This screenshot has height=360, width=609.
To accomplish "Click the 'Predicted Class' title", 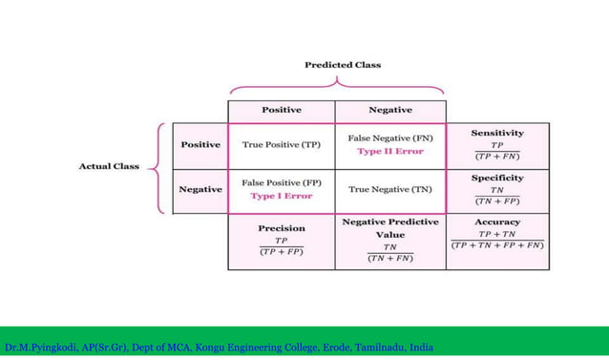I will coord(342,65).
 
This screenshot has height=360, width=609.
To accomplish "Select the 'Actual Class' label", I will coord(109,166).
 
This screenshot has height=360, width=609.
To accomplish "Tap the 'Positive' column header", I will coord(281,110).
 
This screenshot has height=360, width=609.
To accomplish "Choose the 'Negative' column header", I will coord(389,110).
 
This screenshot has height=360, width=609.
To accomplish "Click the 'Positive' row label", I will coord(200,144).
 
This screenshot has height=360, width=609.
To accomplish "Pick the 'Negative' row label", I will coord(200,189).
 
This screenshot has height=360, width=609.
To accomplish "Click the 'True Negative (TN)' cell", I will coord(389,189).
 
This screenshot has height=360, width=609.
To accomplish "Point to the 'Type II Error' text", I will coord(389,151).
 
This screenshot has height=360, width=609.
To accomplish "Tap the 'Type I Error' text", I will coord(281,196).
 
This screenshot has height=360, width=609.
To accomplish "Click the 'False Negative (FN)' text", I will coord(389,138).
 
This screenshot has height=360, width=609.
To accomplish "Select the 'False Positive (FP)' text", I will coord(281,182).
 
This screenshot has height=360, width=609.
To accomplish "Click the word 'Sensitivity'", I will coord(497,133).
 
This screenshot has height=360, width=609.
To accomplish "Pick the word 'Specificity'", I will coord(497,178).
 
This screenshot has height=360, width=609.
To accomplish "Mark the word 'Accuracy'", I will coord(497,222).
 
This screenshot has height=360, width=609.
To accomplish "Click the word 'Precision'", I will coord(281,228).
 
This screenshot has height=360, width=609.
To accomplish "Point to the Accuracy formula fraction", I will coord(497,240).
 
